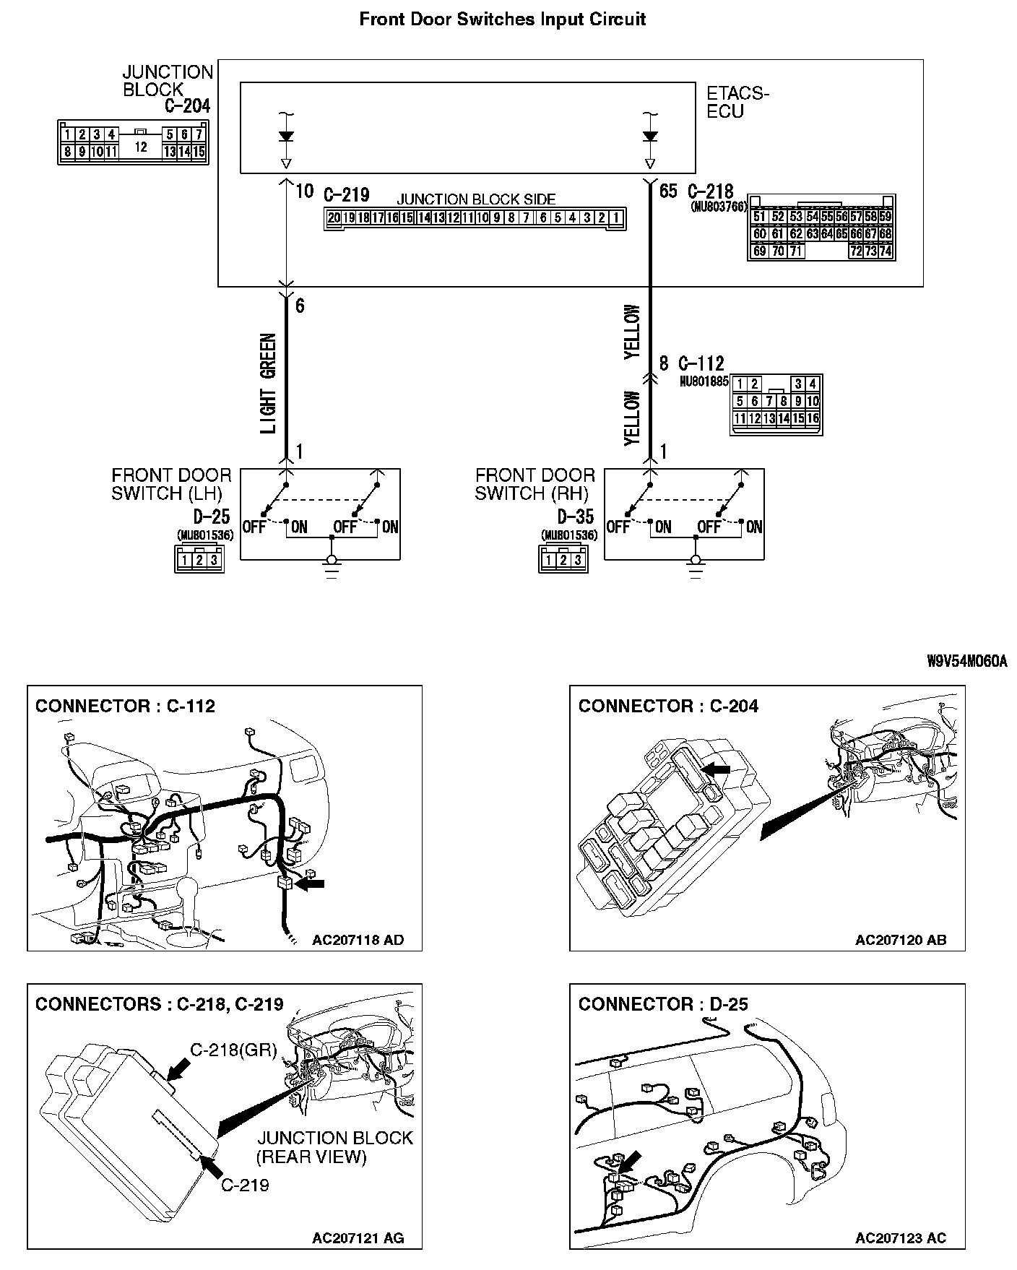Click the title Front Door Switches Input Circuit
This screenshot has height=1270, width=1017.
pos(502,20)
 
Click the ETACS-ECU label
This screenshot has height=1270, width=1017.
pos(737,103)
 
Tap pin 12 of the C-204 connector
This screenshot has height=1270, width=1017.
pos(141,146)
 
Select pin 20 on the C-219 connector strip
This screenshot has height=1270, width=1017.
pos(334,217)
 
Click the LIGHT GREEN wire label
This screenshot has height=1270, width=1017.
pos(268,383)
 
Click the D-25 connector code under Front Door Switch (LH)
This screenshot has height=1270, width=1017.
pos(212,516)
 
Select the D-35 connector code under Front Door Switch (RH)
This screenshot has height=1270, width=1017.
pos(576,516)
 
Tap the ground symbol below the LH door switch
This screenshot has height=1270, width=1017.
pos(332,568)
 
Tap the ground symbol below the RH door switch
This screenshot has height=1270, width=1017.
pos(696,568)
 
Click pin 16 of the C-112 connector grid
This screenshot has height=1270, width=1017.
pos(813,418)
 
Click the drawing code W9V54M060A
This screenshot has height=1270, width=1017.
pos(966,661)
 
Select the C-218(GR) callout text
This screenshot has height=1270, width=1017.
pos(233,1050)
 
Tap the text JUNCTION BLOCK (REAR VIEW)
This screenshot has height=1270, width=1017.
pos(334,1147)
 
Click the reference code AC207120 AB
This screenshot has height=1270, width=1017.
pos(900,940)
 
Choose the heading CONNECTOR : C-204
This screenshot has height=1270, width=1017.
pos(668,706)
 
